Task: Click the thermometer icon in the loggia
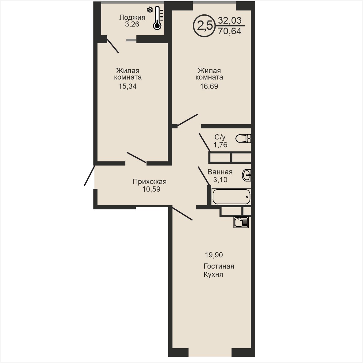coord(157,18)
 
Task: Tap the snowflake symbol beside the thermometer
coord(150,10)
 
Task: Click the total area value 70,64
coord(230,31)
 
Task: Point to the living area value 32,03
coord(230,20)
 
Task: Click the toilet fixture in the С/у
coord(243,139)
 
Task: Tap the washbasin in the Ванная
coord(246,175)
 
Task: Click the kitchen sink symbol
coord(241,222)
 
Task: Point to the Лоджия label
coord(132,17)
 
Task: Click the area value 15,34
coord(128,86)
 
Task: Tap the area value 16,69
coord(209,86)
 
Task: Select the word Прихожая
coord(150,182)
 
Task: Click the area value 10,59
coord(151,189)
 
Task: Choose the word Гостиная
coord(219,266)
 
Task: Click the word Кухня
coord(213,275)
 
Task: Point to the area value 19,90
coord(214,255)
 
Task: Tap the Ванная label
coord(220,172)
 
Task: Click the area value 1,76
coord(220,145)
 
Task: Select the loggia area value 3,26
coord(132,24)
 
